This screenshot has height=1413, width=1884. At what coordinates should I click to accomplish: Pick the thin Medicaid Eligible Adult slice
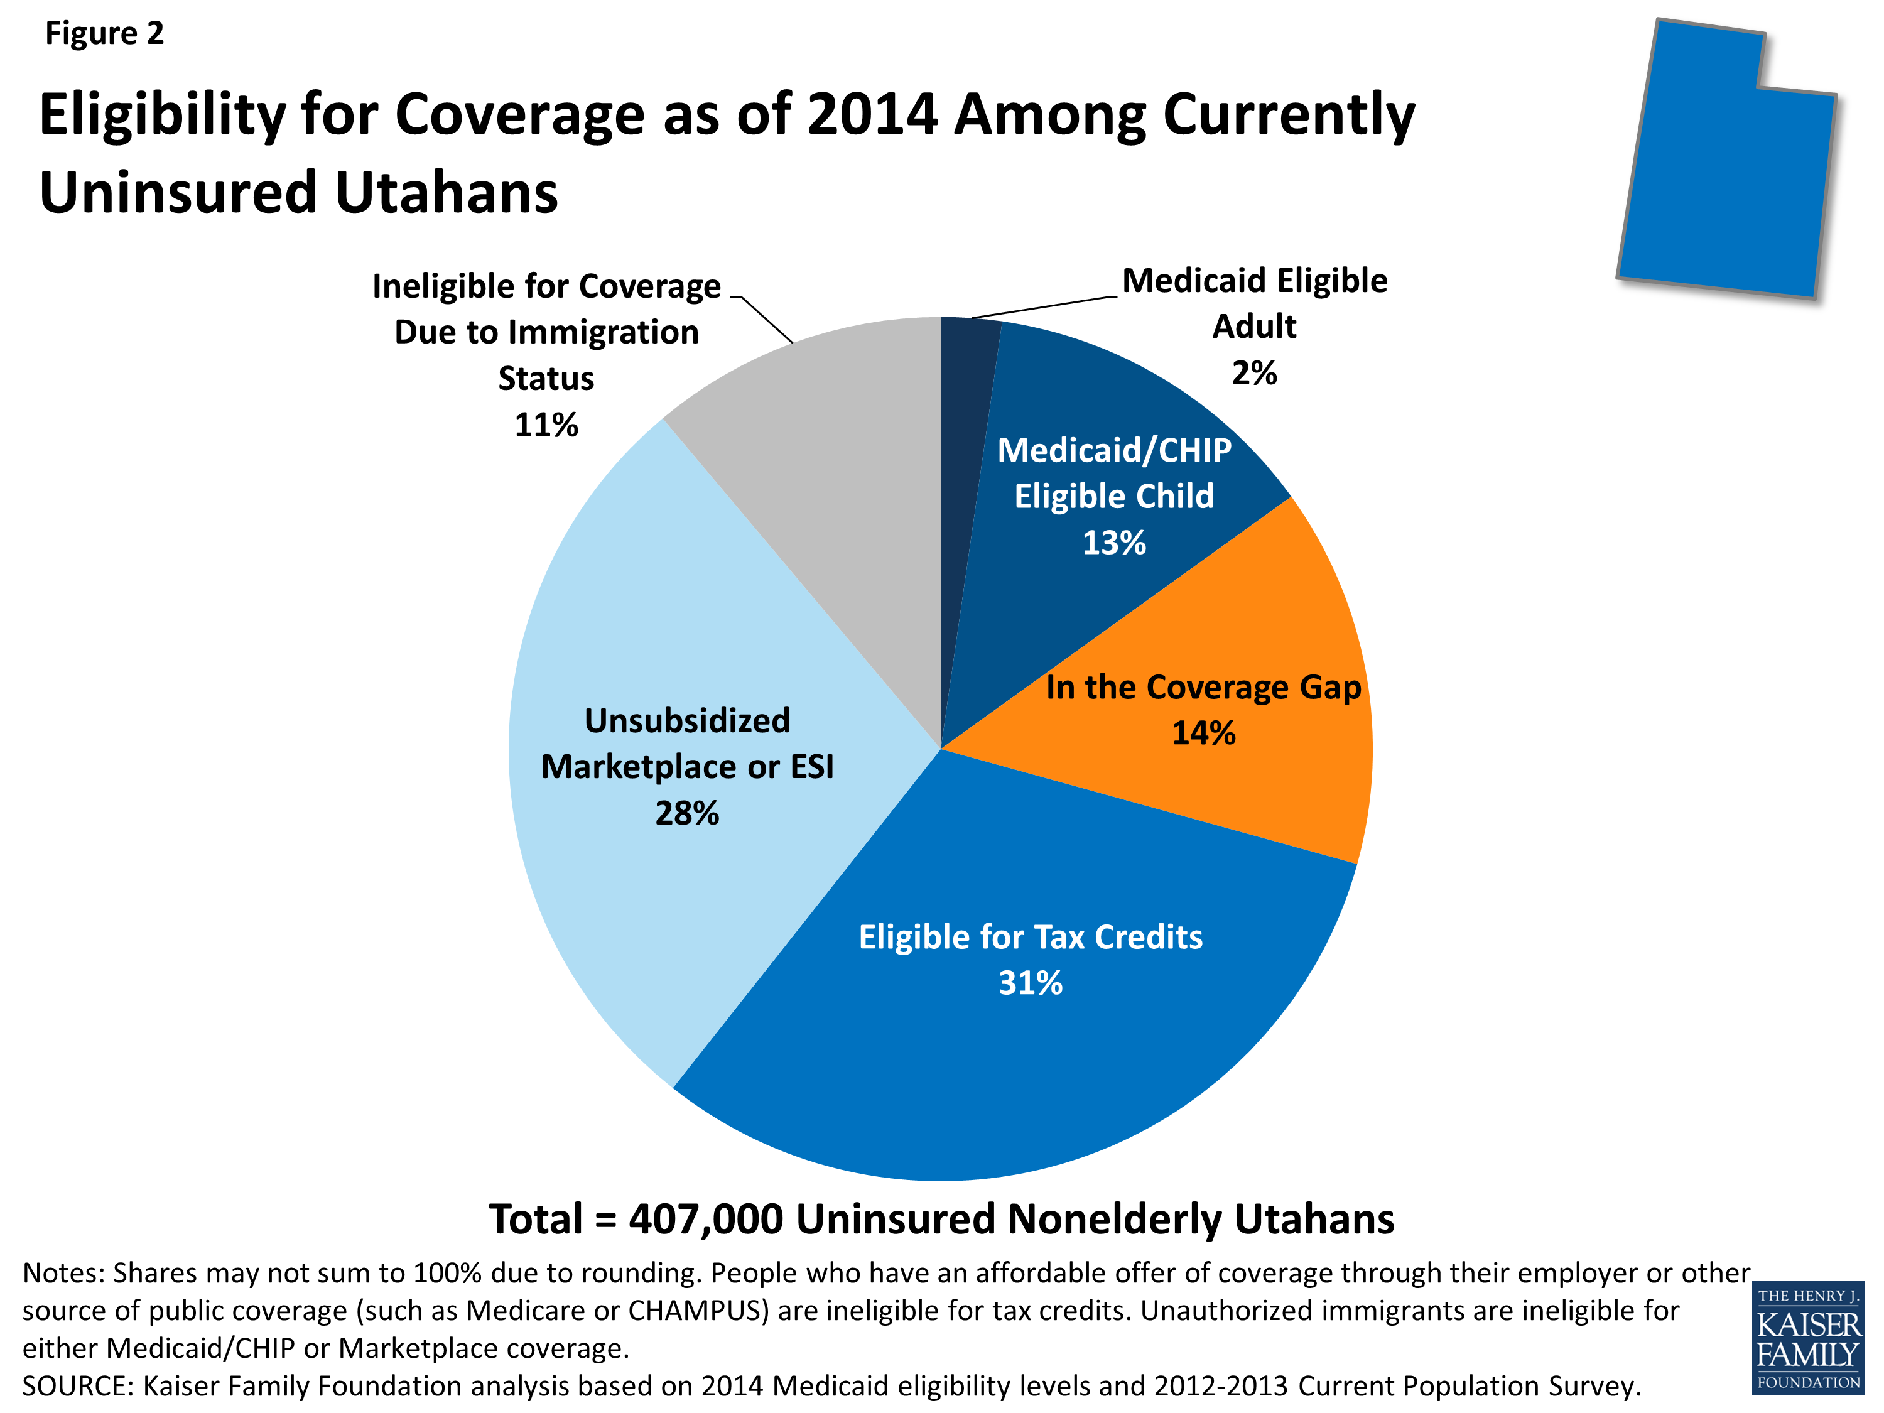point(966,426)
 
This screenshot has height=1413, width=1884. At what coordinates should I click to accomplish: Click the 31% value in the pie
point(1031,983)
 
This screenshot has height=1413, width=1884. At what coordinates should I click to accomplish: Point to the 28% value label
point(686,813)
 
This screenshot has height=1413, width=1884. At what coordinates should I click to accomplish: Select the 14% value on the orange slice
point(1203,734)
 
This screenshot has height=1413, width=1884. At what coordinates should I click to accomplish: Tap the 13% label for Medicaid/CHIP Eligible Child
point(1114,543)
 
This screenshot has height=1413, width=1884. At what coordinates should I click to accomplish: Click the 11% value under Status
point(546,425)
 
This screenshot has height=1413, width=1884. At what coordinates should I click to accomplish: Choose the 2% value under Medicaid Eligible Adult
point(1253,373)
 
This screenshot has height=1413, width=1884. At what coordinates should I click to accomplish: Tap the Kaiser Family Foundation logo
point(1808,1338)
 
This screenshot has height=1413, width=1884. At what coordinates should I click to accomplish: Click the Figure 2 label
point(104,33)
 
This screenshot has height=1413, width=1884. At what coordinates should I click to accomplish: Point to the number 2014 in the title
point(872,114)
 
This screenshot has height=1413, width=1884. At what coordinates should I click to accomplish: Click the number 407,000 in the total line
point(706,1220)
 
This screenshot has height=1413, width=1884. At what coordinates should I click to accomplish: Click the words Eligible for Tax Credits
point(1031,937)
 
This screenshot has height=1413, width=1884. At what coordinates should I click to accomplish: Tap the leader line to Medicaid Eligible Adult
point(1043,306)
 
